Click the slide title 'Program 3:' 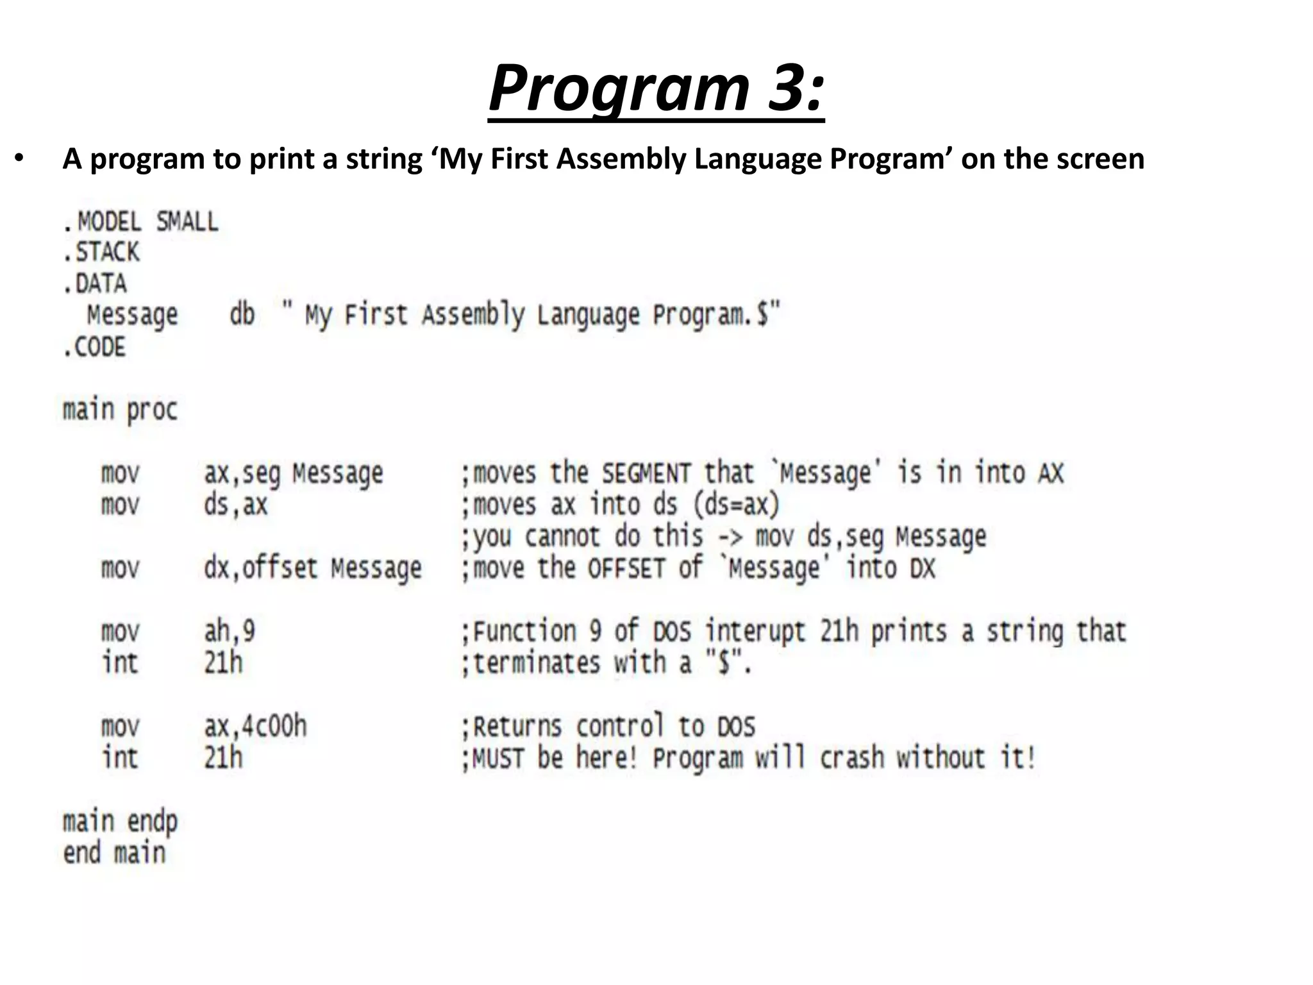point(656,88)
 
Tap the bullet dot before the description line point(19,158)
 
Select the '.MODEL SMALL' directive point(141,222)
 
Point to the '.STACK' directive point(101,252)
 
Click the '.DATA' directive point(95,283)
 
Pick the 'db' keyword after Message point(242,315)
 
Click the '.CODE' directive point(94,347)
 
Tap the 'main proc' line point(120,410)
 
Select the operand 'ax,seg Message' point(294,473)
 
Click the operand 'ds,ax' point(235,505)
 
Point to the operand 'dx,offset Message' point(313,568)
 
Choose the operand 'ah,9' point(230,631)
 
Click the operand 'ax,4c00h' point(255,726)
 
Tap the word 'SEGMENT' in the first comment point(646,474)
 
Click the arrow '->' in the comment point(729,537)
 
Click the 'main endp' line point(120,821)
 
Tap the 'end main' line point(114,853)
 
